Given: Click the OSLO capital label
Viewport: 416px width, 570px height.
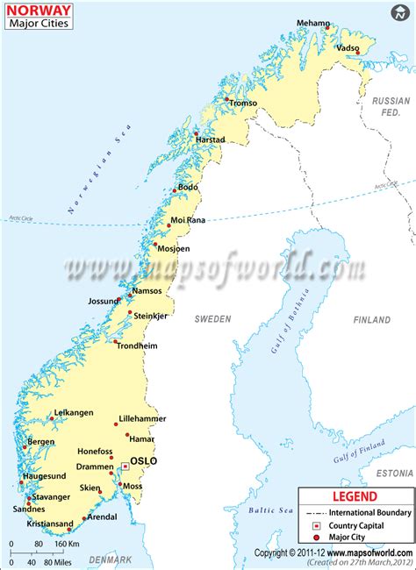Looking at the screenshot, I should tap(143, 460).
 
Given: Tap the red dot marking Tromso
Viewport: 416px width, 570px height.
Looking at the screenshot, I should tap(228, 101).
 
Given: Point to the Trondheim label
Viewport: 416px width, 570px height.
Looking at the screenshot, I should tap(137, 346).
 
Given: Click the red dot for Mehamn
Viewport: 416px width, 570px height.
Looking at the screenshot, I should tap(327, 28).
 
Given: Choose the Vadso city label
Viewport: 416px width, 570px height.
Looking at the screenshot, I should tap(348, 48).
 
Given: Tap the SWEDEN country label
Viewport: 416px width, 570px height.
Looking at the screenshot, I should tap(212, 319).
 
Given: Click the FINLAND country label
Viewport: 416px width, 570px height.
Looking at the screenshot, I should tap(371, 320).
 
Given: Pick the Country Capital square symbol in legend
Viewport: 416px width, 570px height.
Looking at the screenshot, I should tap(314, 525).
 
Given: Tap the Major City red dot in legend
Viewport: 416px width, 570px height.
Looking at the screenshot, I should tap(314, 538).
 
